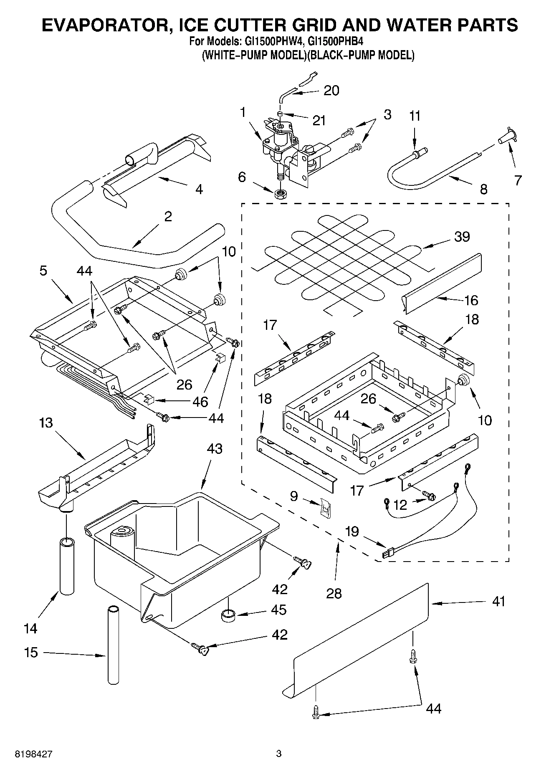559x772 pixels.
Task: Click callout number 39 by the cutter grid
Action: (462, 236)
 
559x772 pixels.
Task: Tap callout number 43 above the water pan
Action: (215, 449)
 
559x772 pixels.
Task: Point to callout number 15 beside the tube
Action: (31, 652)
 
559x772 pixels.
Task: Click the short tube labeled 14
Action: (67, 566)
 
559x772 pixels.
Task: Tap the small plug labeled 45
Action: (228, 615)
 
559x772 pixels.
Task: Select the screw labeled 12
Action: (429, 495)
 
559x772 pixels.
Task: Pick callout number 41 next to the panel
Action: (498, 602)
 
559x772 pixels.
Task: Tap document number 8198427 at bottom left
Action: (34, 754)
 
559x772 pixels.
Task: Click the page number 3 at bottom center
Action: (279, 754)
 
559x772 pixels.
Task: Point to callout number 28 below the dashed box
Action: (334, 593)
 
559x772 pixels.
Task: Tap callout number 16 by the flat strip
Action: (471, 300)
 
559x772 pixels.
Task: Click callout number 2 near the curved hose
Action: (168, 217)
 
